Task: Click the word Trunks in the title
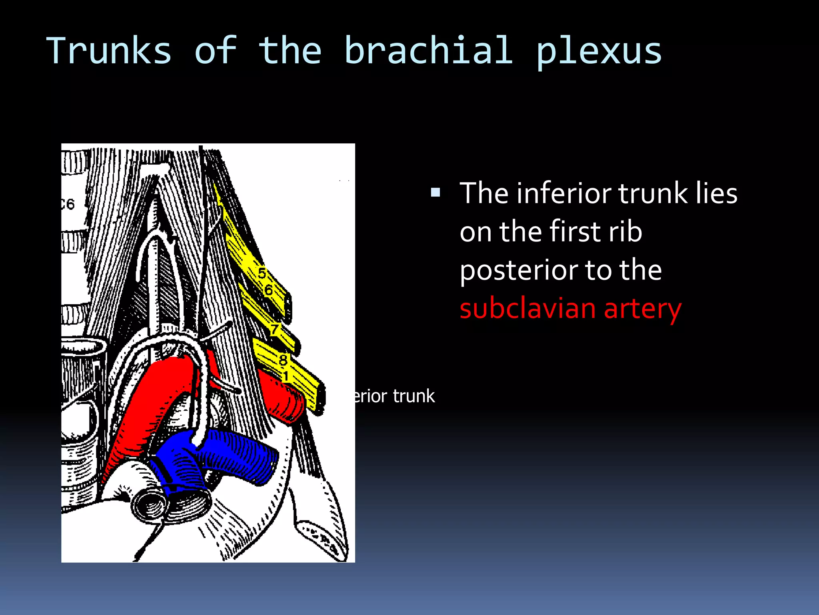click(109, 51)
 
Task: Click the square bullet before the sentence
click(435, 193)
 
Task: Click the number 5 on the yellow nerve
click(262, 274)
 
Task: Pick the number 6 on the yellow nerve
click(268, 290)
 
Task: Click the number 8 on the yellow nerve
click(283, 360)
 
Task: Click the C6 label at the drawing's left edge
click(68, 205)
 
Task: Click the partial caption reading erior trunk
click(394, 396)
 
